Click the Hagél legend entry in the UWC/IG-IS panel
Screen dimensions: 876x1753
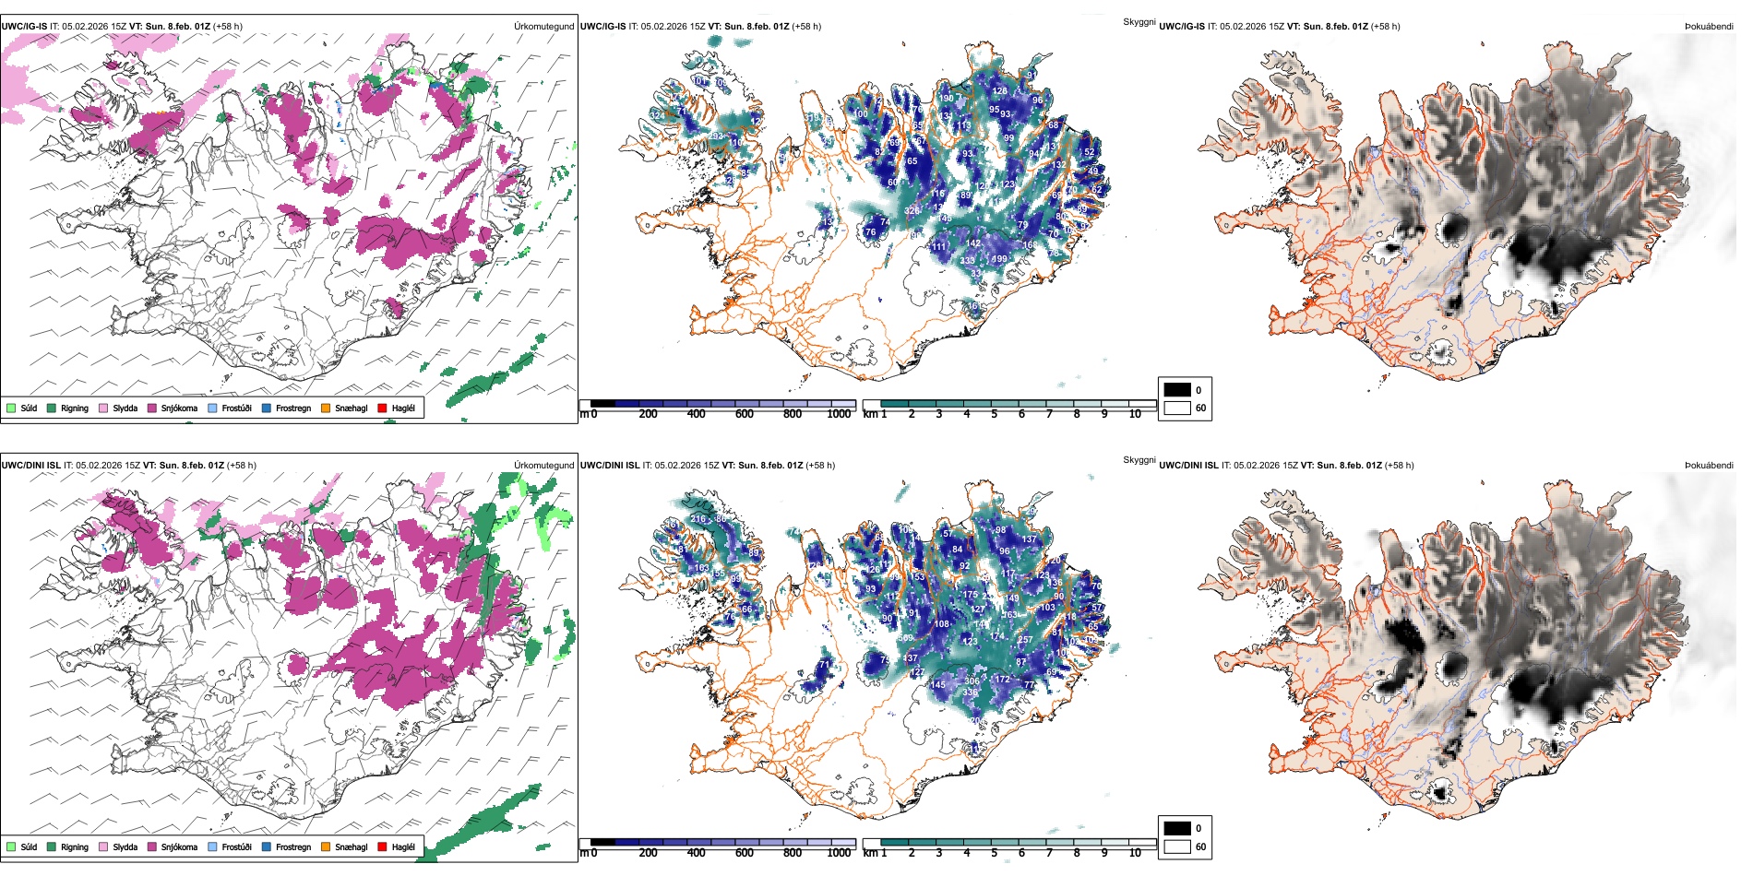tap(403, 408)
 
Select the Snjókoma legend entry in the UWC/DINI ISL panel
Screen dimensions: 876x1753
tap(179, 846)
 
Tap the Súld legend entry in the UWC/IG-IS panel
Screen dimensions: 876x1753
tap(29, 408)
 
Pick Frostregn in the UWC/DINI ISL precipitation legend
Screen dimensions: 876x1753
tap(293, 846)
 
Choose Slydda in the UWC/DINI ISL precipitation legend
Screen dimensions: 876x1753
tap(125, 846)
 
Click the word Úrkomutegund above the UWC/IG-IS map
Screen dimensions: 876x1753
tap(543, 26)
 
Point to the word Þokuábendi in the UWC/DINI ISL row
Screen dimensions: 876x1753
tap(1709, 465)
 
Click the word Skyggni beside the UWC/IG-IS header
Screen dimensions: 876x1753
tap(1139, 21)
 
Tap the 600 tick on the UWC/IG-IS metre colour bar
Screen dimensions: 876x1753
tap(745, 414)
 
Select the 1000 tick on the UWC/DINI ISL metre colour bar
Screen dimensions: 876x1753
tap(839, 853)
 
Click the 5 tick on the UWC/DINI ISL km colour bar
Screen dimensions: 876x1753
tap(994, 853)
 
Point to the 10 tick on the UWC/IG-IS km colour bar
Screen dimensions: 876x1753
tap(1135, 414)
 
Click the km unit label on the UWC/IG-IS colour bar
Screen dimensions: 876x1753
tap(870, 414)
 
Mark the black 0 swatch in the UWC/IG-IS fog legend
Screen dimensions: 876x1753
tap(1177, 390)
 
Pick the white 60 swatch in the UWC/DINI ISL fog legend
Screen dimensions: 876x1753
tap(1177, 846)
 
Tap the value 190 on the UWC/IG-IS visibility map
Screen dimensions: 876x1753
tap(946, 99)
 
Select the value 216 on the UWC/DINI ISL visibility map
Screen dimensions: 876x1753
tap(698, 519)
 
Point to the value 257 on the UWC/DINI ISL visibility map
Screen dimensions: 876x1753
tap(1025, 639)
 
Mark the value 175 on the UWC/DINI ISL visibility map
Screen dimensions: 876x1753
tap(971, 595)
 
